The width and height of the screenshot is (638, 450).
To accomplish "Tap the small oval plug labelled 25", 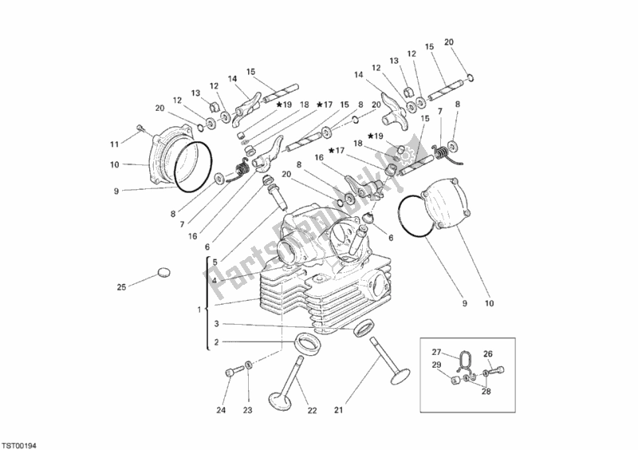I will tap(164, 272).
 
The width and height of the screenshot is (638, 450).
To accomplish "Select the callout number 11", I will tap(115, 144).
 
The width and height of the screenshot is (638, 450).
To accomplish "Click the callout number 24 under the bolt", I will tap(222, 411).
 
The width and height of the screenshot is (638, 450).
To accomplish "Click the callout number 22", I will tap(313, 411).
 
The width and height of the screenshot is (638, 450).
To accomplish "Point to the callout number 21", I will tap(339, 411).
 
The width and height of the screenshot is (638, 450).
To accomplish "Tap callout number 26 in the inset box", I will tap(489, 355).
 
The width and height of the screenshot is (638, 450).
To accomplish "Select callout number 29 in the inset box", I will tap(436, 365).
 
